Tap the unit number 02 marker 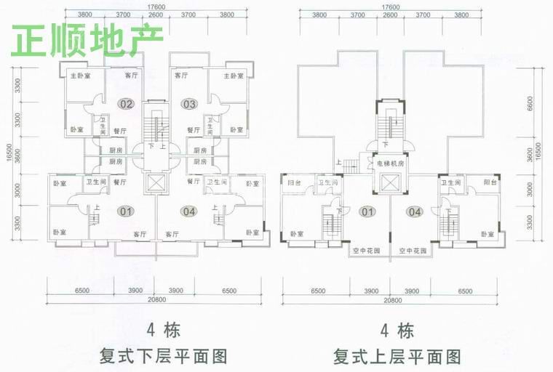coord(127,104)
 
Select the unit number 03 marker coord(190,104)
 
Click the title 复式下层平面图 coord(164,357)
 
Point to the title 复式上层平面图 coord(397,357)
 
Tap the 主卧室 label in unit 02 coord(80,76)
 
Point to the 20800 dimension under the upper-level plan coord(391,300)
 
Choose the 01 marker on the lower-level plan coord(127,211)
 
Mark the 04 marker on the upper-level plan coord(415,212)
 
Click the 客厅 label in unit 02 coord(131,75)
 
